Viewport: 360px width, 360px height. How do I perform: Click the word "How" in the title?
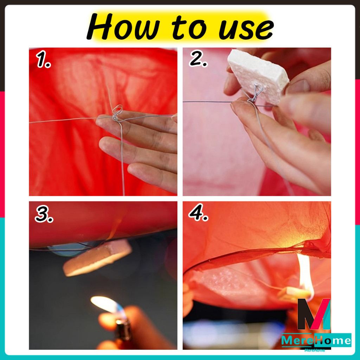point(123,27)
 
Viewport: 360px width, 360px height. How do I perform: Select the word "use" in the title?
point(246,29)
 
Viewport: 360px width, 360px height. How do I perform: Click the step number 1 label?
point(43,59)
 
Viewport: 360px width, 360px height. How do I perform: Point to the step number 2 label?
point(198,59)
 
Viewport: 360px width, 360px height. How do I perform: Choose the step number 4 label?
point(198,212)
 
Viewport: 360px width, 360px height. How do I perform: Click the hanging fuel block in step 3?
point(97,257)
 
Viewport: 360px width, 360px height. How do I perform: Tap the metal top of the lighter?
point(123,330)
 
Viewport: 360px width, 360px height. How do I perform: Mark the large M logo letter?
point(314,314)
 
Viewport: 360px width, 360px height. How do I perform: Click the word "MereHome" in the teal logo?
point(316,340)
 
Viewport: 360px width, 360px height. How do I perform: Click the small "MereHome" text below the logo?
point(315,350)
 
